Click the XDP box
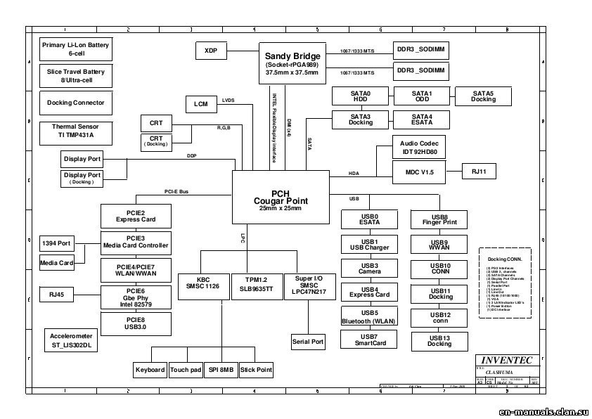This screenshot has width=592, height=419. pyautogui.click(x=210, y=51)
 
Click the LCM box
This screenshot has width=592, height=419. pyautogui.click(x=201, y=105)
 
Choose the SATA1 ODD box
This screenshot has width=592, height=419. pyautogui.click(x=421, y=96)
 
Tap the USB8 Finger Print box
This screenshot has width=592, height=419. pyautogui.click(x=439, y=220)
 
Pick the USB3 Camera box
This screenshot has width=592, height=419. pyautogui.click(x=369, y=268)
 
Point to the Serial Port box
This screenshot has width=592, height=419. pyautogui.click(x=308, y=342)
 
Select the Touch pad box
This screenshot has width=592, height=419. pyautogui.click(x=186, y=370)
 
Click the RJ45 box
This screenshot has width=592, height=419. pyautogui.click(x=56, y=295)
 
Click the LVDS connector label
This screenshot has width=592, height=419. pyautogui.click(x=229, y=101)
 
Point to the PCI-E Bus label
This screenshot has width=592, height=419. pyautogui.click(x=176, y=191)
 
